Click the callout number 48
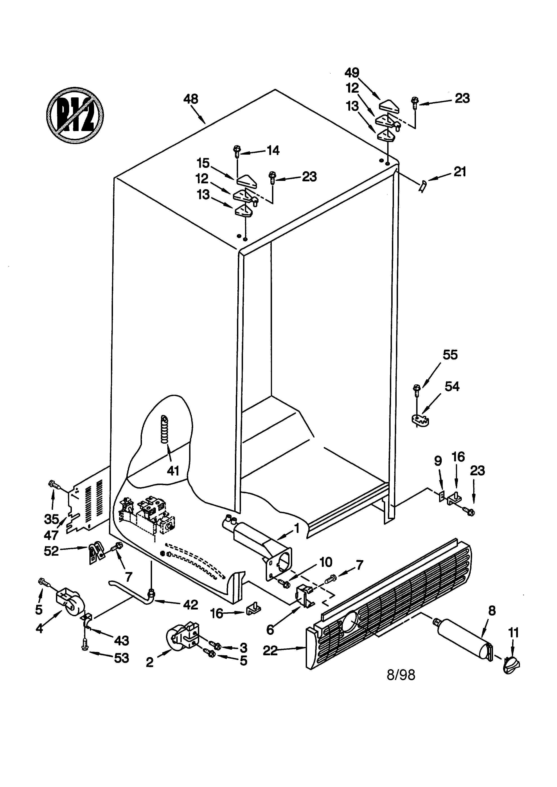[191, 99]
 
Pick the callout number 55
[450, 355]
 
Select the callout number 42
[191, 605]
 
